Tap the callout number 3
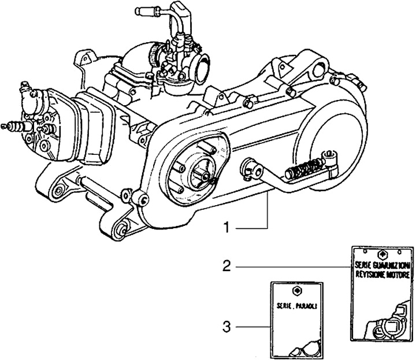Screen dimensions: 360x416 [x=227, y=328]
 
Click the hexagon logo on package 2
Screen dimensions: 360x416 [x=381, y=254]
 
